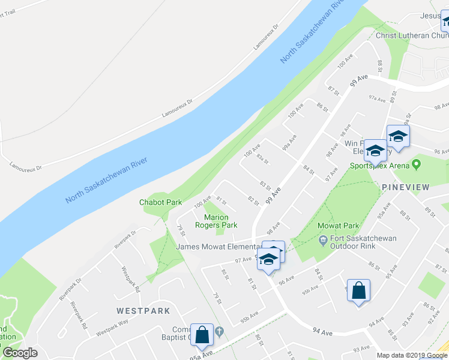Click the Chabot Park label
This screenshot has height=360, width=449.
(160, 202)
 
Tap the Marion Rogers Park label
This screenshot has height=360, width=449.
(215, 221)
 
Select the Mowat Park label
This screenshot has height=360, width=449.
(339, 226)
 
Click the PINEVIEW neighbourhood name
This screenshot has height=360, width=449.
(406, 187)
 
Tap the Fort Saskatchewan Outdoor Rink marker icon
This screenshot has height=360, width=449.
(324, 239)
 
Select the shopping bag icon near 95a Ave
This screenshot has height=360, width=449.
(202, 335)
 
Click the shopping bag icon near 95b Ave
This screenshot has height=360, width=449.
(358, 291)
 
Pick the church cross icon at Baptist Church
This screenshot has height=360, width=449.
(220, 331)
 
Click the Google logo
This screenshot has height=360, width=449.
(20, 353)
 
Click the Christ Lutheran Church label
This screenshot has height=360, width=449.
(412, 35)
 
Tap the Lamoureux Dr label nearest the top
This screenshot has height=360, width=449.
(267, 36)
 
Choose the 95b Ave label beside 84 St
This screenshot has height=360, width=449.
(310, 291)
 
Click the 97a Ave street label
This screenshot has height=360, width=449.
(376, 97)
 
